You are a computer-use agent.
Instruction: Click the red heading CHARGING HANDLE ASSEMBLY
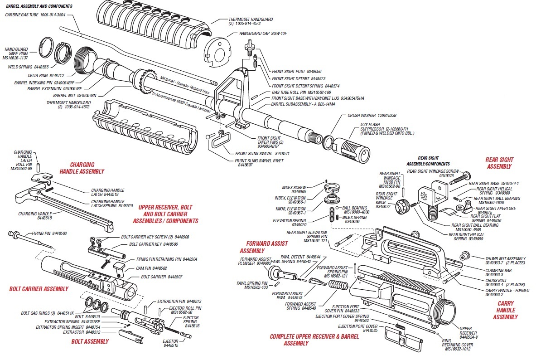coord(82,168)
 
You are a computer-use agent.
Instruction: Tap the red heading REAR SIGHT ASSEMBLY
coord(499,163)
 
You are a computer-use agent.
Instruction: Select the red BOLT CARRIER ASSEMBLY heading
coord(39,289)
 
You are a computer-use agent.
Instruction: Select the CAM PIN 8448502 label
coord(152,268)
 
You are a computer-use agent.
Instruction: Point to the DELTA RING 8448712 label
coord(49,75)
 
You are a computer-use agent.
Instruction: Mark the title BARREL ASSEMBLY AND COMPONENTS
coord(39,6)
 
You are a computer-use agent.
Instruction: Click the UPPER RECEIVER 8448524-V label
coord(468,332)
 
